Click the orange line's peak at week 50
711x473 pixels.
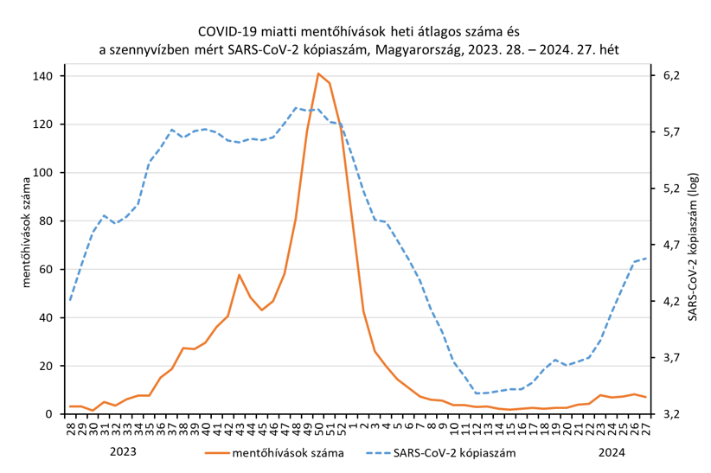[318, 74]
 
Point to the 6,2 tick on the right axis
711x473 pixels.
[671, 76]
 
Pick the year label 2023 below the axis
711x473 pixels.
[124, 451]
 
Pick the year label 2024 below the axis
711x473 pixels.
[612, 451]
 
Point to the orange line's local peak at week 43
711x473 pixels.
[240, 275]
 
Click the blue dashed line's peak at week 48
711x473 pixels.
[296, 108]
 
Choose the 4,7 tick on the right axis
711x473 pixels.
[671, 245]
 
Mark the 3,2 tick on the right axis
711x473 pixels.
[671, 414]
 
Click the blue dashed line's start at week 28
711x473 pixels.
[70, 300]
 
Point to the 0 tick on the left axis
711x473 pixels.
[50, 414]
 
